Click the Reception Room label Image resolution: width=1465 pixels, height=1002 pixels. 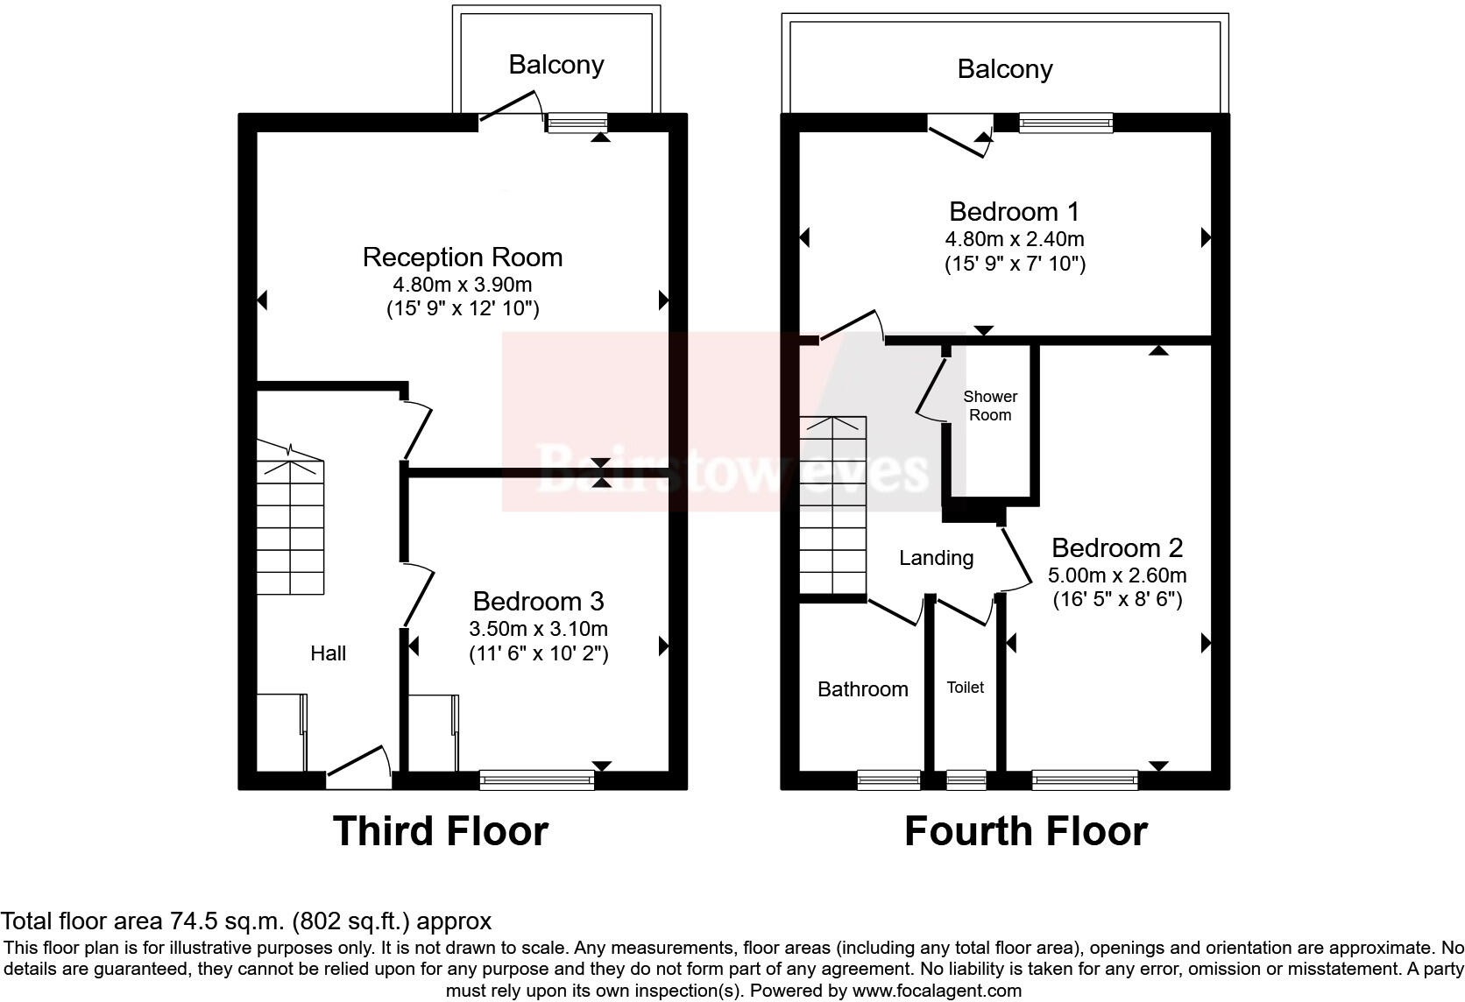(x=462, y=258)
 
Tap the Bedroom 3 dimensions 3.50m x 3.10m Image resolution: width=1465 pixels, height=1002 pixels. (x=538, y=629)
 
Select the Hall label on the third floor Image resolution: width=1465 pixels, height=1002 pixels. (x=328, y=653)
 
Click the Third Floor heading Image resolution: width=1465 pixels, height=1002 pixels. (x=440, y=831)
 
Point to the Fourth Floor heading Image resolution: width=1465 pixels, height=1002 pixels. (x=1025, y=831)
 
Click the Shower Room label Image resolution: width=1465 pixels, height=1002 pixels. (x=990, y=406)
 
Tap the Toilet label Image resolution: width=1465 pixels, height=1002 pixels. (x=965, y=688)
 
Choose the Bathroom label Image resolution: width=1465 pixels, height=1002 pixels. (x=862, y=689)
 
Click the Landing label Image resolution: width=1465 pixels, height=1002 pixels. (x=936, y=558)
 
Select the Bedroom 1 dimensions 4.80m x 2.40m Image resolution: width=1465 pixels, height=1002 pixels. (x=1014, y=239)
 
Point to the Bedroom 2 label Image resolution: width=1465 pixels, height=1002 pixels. (x=1116, y=548)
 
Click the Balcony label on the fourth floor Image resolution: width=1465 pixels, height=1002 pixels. (x=1004, y=69)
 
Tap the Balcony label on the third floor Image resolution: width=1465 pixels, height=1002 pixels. (x=556, y=65)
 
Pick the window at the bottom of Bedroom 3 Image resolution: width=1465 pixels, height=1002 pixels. (x=536, y=779)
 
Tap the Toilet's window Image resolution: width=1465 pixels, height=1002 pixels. (x=966, y=779)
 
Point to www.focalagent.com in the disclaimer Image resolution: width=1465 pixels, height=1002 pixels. (x=937, y=991)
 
